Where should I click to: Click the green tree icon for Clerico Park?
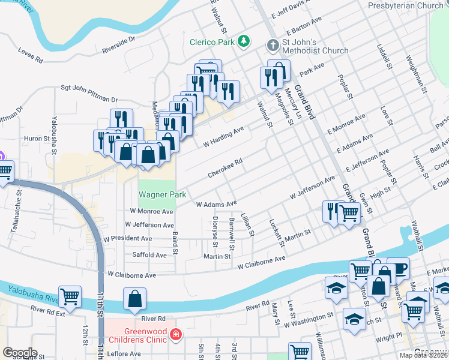pos(244,41)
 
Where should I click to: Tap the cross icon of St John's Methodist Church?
pos(272,45)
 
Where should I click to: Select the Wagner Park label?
pos(163,194)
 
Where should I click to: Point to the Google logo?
pos(19,353)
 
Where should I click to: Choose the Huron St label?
pos(37,139)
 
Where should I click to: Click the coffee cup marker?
pos(398,268)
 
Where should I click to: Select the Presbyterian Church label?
pos(405,5)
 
